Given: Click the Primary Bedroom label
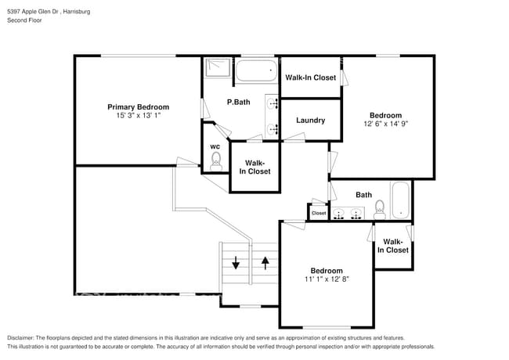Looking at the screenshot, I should coord(138,106).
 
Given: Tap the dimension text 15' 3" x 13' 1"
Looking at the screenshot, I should coord(138,115).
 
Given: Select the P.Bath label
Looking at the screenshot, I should coord(238,103).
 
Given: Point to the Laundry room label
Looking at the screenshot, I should coord(310,121).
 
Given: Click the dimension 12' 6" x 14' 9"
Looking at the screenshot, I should coord(385,124).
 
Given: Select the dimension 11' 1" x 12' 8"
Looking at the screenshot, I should coord(326,279).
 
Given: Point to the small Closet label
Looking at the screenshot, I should coord(319,213).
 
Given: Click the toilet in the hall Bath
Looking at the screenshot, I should coord(380,209).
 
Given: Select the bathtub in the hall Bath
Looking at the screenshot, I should coord(400,201).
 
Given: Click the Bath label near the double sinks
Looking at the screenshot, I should coord(363,195).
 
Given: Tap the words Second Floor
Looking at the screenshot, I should coord(25,20).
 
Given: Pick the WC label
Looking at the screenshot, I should coord(215,146).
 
